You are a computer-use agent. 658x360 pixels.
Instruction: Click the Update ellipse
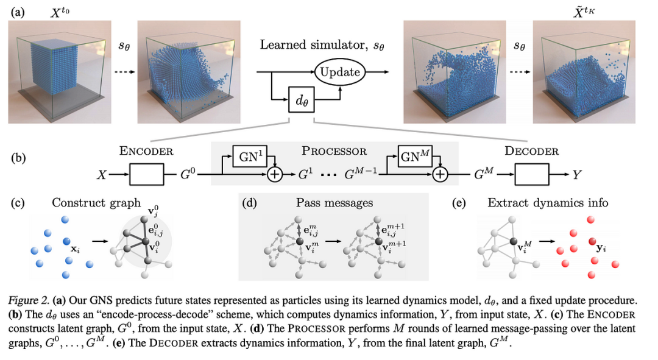(340, 72)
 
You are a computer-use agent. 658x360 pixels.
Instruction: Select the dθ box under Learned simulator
(302, 100)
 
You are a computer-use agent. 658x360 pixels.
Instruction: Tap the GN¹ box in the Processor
(250, 157)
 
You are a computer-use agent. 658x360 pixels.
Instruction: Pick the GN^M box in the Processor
(415, 157)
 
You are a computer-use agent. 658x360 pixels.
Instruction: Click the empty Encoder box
(147, 174)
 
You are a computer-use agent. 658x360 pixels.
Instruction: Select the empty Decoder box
(532, 174)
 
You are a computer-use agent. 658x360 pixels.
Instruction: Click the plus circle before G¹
(275, 174)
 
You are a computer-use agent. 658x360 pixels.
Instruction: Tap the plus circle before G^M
(440, 174)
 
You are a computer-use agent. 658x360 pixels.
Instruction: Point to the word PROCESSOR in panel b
(334, 151)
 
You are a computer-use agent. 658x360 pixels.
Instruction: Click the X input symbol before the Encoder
(102, 175)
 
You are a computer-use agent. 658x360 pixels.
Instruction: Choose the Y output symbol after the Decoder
(577, 175)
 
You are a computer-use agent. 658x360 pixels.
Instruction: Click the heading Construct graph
(96, 203)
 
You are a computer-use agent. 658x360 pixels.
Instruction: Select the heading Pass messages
(334, 203)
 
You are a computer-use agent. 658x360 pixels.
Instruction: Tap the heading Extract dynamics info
(548, 203)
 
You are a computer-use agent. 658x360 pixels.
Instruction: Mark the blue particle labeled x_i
(66, 241)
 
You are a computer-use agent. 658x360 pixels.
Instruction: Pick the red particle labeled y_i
(592, 241)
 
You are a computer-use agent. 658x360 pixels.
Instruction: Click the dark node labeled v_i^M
(513, 241)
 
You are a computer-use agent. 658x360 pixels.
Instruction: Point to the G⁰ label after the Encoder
(188, 173)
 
